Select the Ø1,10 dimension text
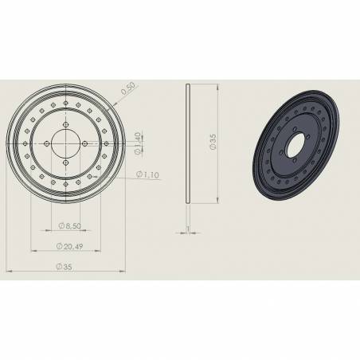[x=149, y=174]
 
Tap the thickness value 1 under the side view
[x=187, y=230]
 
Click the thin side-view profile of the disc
[x=187, y=143]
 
